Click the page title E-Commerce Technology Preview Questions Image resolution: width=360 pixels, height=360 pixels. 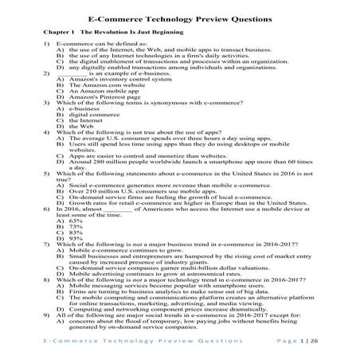pyautogui.click(x=179, y=18)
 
